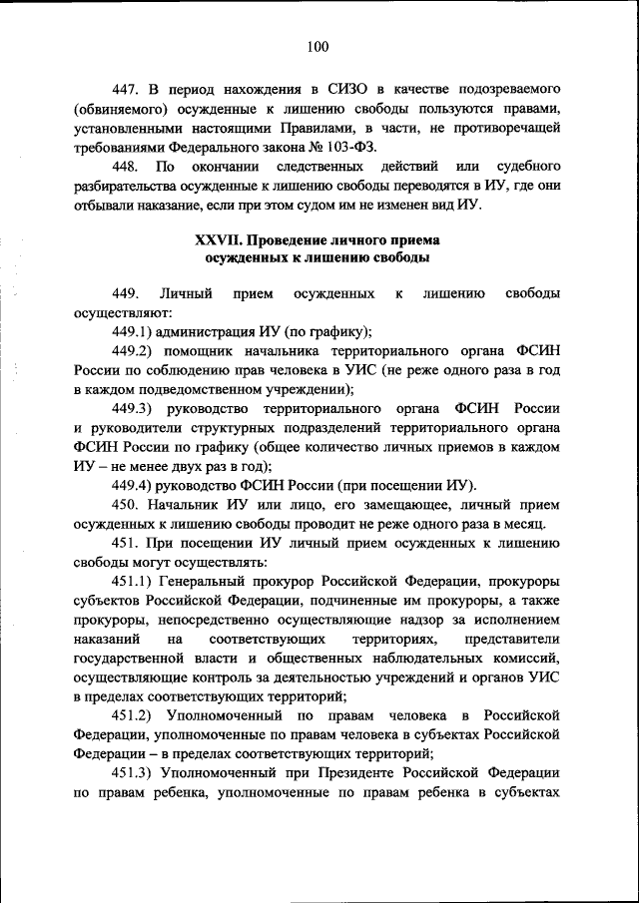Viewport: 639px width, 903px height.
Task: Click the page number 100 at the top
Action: click(319, 46)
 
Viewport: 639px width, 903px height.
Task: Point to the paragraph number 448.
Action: click(127, 167)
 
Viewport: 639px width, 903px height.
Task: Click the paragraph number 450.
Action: click(127, 505)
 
